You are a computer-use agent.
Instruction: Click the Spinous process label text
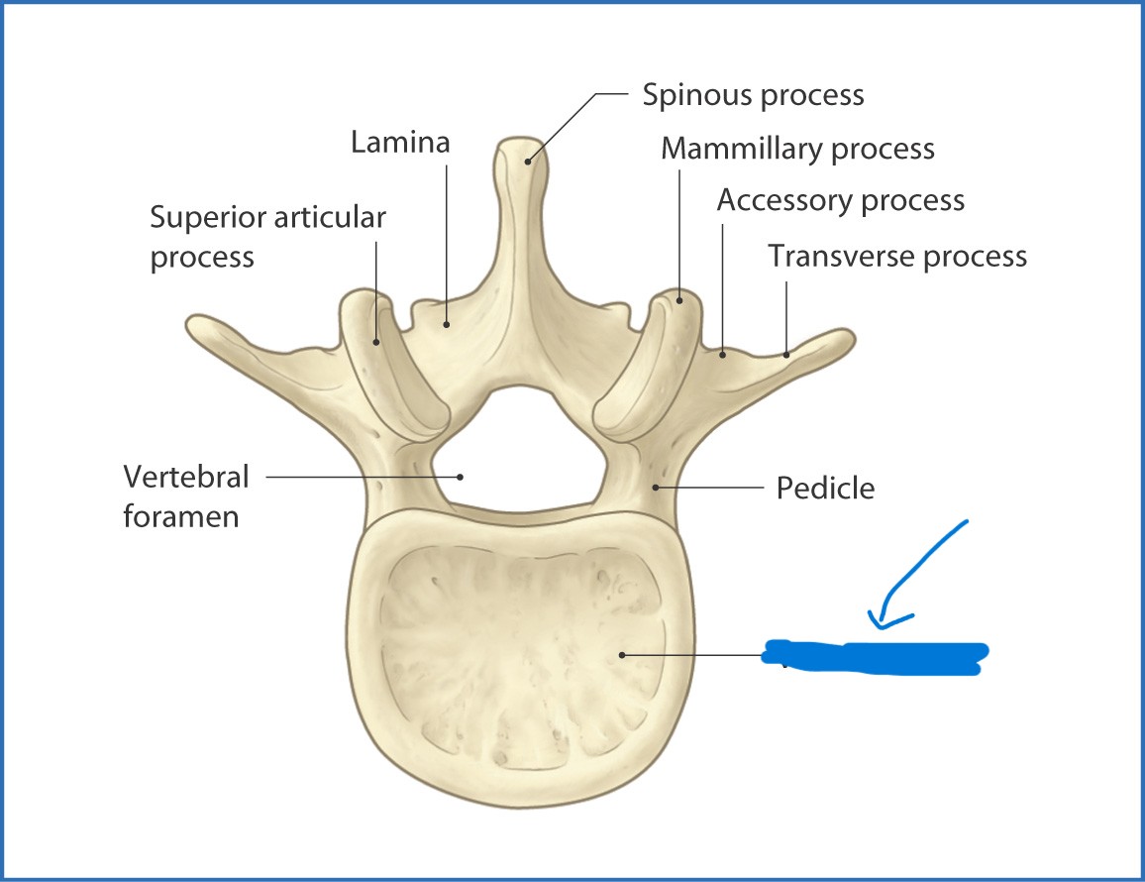tap(753, 95)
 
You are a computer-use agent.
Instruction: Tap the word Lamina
tap(400, 142)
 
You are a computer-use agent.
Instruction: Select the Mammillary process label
tap(797, 149)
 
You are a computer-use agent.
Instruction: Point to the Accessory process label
tap(840, 200)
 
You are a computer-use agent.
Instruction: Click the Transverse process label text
tap(897, 256)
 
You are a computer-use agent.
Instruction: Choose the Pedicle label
tap(825, 488)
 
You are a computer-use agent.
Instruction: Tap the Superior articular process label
tap(267, 236)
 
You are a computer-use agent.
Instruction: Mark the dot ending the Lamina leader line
tap(447, 323)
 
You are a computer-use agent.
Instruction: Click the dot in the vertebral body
tap(621, 654)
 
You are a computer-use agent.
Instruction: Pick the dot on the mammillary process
tap(680, 297)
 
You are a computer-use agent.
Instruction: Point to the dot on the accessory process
tap(723, 353)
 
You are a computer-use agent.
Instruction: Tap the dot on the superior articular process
tap(376, 342)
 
